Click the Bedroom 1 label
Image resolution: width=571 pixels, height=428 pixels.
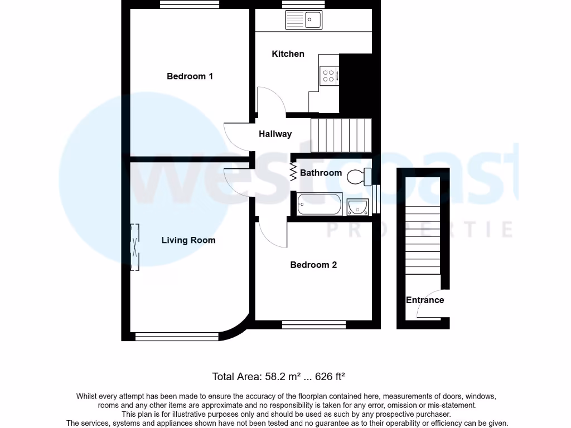click(x=190, y=76)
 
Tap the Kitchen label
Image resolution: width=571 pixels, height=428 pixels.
click(x=288, y=54)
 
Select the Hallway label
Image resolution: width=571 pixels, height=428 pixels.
click(x=275, y=134)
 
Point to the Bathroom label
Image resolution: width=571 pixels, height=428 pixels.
click(x=321, y=173)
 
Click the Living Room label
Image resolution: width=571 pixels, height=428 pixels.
click(x=188, y=240)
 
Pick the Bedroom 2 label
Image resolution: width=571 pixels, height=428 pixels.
click(x=313, y=265)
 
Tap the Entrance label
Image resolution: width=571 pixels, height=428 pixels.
click(x=425, y=300)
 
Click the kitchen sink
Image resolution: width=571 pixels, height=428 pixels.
click(x=304, y=21)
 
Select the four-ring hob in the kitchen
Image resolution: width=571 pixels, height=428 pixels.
click(x=329, y=75)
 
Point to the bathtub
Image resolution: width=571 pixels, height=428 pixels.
click(x=320, y=204)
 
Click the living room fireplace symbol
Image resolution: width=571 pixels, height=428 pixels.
click(x=134, y=247)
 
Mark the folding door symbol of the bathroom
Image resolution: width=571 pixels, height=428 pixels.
click(x=293, y=172)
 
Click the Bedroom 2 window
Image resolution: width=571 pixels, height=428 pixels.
click(x=313, y=324)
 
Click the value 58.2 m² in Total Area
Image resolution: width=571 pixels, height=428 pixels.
click(x=282, y=377)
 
